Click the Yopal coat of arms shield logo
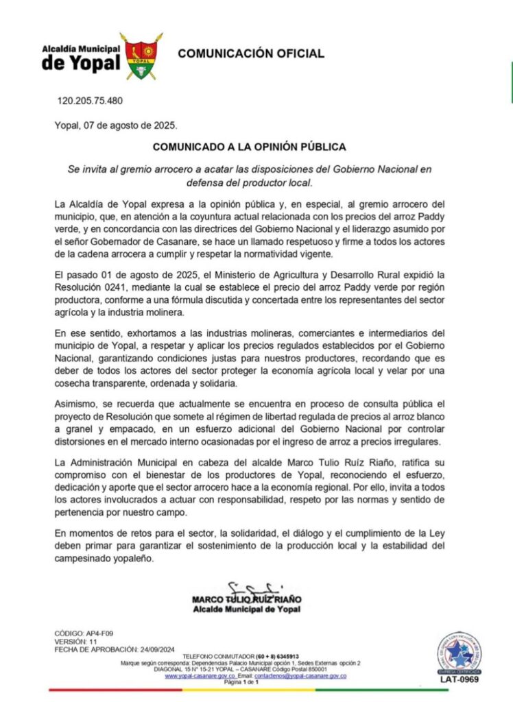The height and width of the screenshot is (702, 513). click(x=141, y=56)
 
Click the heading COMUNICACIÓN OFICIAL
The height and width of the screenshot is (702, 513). click(x=251, y=54)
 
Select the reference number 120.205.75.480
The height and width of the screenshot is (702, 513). click(x=90, y=101)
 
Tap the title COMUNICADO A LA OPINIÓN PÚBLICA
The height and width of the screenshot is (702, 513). click(x=249, y=147)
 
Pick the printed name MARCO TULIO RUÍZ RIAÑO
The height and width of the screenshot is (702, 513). click(x=246, y=600)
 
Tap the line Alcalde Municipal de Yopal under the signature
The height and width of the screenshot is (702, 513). click(x=246, y=609)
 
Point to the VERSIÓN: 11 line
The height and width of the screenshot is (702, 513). click(x=75, y=641)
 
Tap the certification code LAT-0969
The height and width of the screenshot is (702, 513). click(x=459, y=680)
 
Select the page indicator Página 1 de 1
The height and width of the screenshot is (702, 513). click(x=241, y=683)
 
